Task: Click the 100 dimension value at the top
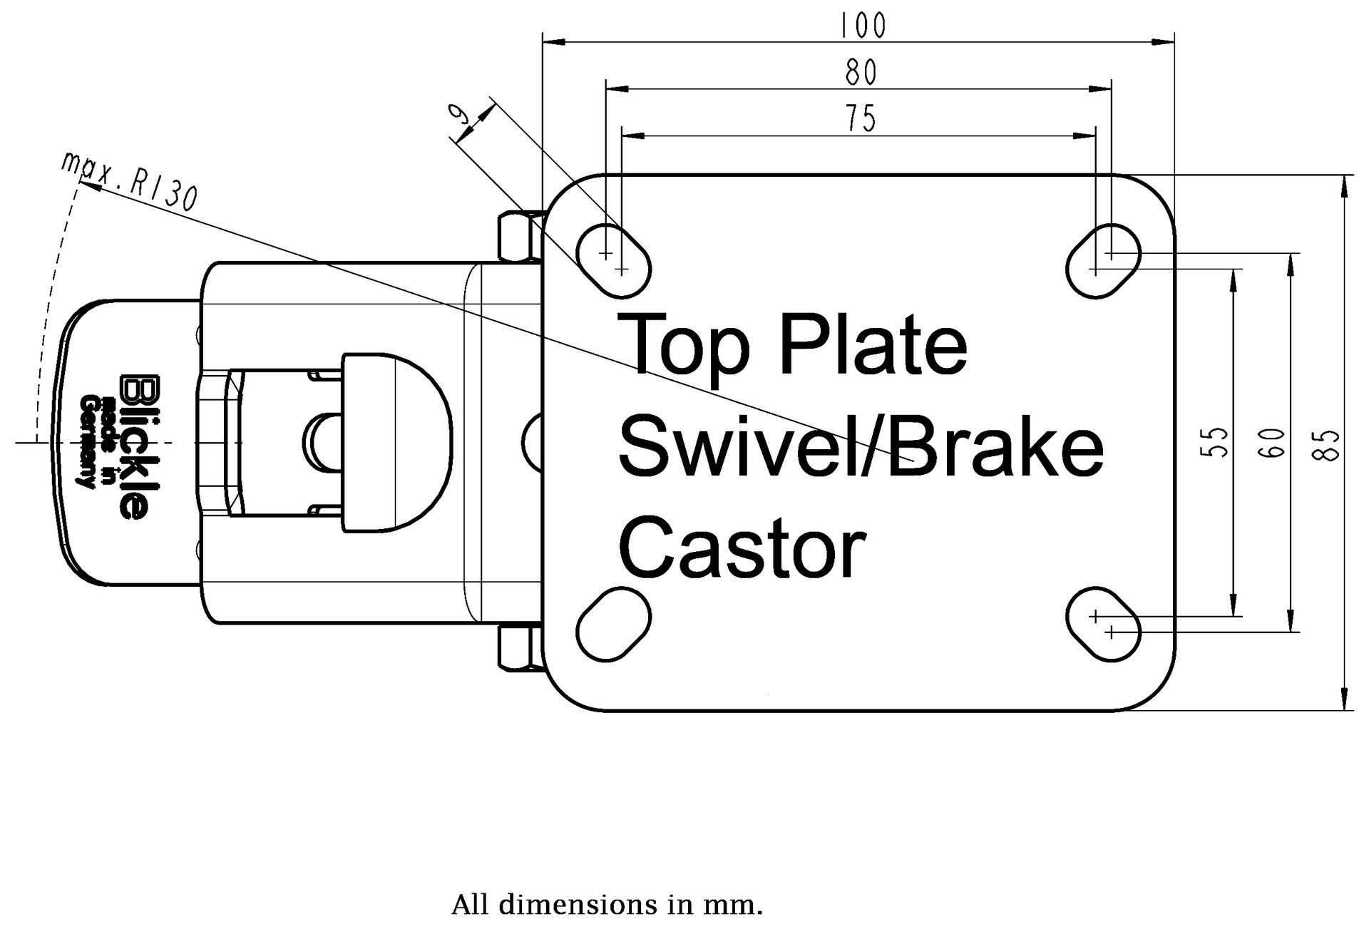863,26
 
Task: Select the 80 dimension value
861,72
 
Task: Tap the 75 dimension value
861,118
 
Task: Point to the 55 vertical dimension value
1218,441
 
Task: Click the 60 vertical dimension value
1276,442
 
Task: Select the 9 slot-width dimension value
461,116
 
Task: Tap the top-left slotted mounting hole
613,261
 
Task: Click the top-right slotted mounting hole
1103,261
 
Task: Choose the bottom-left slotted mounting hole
613,624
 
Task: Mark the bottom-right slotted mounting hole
1103,624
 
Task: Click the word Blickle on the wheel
134,447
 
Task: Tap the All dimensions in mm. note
607,905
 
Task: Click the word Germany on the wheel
87,443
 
